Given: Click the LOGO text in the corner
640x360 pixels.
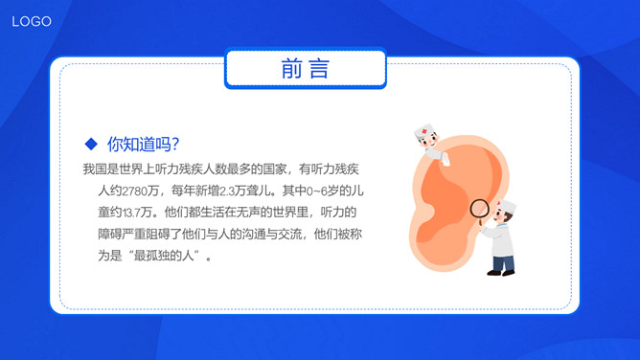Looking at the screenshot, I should pyautogui.click(x=32, y=21).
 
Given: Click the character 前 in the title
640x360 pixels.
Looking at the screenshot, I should pyautogui.click(x=293, y=69).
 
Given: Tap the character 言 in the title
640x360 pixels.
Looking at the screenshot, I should pyautogui.click(x=319, y=69).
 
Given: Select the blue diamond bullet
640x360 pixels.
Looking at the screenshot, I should pyautogui.click(x=91, y=144).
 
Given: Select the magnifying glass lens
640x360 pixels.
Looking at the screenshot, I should pyautogui.click(x=479, y=208).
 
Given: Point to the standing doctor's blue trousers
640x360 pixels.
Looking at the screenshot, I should pyautogui.click(x=503, y=261).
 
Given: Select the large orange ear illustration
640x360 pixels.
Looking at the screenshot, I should pyautogui.click(x=441, y=211).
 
